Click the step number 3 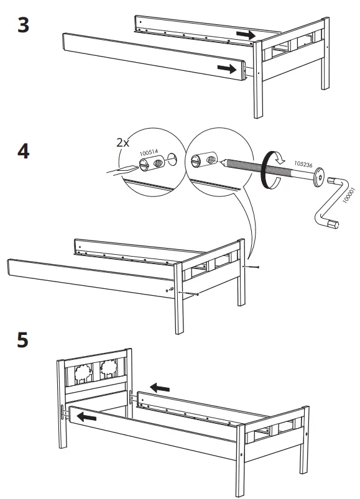(x=23, y=27)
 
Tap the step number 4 (x=23, y=152)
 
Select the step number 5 (x=23, y=341)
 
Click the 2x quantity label (x=124, y=142)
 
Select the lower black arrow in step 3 (x=224, y=67)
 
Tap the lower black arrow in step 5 (x=87, y=418)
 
